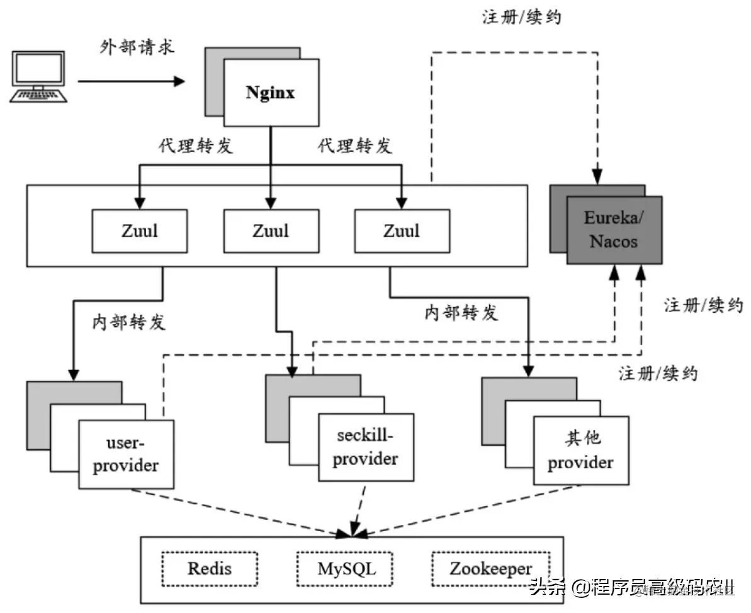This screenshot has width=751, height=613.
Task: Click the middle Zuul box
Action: coord(271,230)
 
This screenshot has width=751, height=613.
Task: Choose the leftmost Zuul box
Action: coord(140,230)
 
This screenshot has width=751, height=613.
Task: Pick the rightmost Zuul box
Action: coord(402,230)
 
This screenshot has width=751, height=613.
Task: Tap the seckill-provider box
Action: coord(366,447)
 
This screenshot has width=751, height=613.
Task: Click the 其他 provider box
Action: coord(580,451)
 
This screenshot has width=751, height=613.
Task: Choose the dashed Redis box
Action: coord(210,570)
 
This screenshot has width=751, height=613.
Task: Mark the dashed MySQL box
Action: coord(346,570)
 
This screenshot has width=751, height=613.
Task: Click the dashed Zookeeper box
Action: coord(490,570)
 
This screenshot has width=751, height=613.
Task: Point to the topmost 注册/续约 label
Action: coord(521,17)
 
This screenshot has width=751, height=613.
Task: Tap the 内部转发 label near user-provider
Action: coord(129,322)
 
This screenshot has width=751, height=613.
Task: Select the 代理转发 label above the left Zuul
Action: coord(196,145)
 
